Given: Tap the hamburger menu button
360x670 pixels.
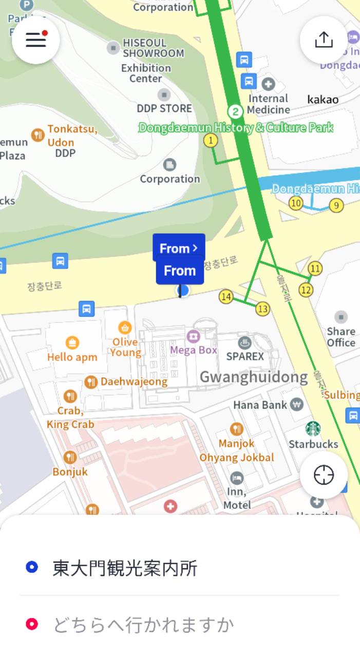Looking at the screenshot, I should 36,40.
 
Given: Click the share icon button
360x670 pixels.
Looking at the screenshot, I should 324,40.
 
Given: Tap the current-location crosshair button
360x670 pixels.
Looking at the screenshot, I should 324,475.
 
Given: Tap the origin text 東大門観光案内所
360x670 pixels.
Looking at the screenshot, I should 125,568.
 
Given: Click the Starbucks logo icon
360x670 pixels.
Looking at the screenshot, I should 313,429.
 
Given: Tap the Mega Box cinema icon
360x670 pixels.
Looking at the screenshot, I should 194,336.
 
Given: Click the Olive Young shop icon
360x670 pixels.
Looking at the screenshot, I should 125,328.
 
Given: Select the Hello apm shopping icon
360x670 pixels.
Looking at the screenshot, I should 72,342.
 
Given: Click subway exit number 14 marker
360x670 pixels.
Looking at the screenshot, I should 226,296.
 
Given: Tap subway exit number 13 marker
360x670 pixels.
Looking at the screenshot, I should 262,309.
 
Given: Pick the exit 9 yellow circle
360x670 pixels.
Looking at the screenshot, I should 336,206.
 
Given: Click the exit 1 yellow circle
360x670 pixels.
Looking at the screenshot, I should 210,140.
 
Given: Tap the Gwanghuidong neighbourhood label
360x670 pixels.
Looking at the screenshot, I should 253,377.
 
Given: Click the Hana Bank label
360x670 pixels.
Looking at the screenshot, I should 260,405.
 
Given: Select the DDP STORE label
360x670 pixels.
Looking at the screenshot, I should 164,108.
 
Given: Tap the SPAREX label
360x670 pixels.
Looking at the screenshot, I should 245,356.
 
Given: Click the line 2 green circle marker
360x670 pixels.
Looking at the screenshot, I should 235,111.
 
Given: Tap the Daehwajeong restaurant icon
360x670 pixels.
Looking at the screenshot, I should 91,381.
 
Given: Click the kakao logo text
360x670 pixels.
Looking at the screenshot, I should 323,100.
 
